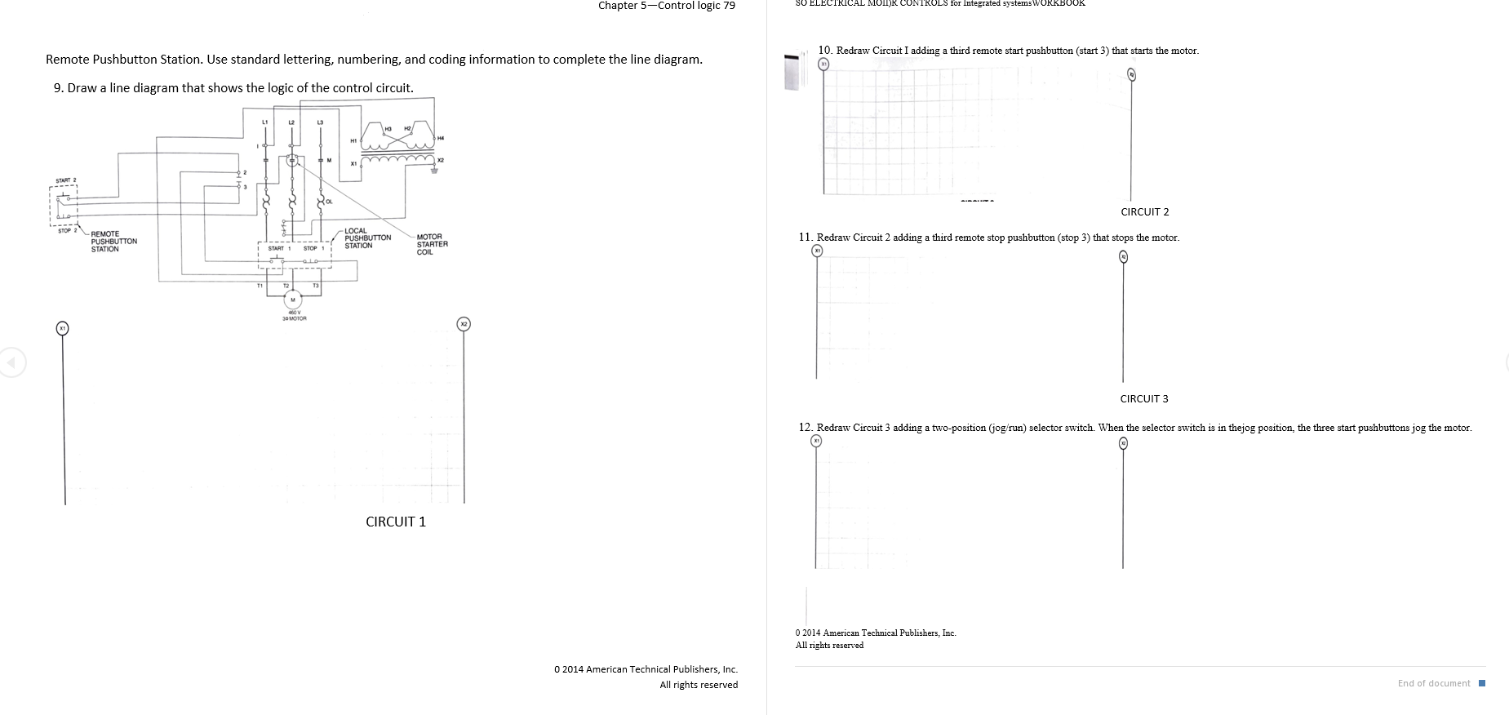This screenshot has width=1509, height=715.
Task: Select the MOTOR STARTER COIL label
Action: click(432, 244)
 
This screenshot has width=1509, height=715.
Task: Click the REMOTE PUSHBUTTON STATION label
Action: click(113, 242)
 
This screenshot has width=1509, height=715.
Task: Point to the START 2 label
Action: click(65, 180)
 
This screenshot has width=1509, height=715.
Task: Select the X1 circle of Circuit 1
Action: click(62, 328)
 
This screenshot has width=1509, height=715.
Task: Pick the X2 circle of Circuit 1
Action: click(464, 324)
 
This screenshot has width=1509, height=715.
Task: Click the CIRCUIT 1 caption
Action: click(396, 522)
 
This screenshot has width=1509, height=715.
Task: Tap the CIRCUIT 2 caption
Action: click(1144, 212)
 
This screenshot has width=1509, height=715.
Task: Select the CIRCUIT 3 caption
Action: click(1143, 399)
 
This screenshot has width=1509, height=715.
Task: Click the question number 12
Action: click(806, 428)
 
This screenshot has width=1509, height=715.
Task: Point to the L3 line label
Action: click(320, 122)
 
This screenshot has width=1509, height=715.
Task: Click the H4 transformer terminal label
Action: click(442, 137)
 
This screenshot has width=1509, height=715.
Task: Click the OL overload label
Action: click(329, 201)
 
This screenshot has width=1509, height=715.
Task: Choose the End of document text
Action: click(1434, 683)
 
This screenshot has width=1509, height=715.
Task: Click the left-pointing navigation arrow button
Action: click(11, 362)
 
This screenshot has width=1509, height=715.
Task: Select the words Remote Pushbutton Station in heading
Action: click(123, 60)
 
